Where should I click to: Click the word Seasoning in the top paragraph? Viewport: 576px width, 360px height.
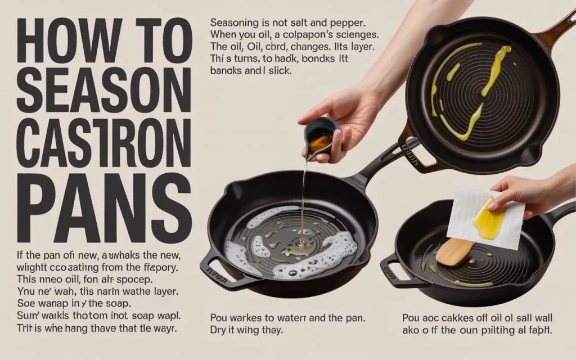(234, 25)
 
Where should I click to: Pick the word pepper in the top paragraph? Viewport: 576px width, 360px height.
(348, 25)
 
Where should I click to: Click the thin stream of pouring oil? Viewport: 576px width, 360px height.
(304, 202)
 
